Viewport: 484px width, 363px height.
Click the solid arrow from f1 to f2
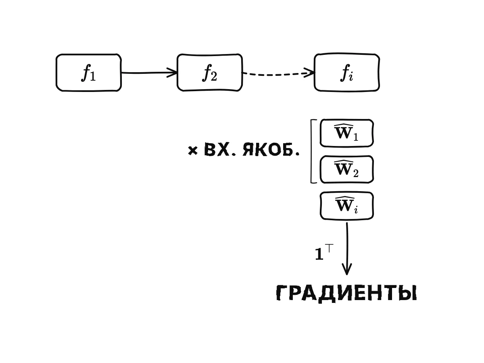(x=149, y=73)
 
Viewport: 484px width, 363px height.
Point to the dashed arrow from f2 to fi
(x=278, y=75)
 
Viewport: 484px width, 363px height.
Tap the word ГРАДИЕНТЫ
(x=346, y=293)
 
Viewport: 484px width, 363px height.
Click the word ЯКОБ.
(x=271, y=150)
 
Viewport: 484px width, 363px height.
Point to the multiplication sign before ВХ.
(x=192, y=151)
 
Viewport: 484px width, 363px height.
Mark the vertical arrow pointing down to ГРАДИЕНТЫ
(x=347, y=248)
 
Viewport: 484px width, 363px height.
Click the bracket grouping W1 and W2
(x=311, y=151)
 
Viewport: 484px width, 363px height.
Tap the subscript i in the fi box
(x=351, y=77)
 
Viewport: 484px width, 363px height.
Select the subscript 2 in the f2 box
(x=214, y=77)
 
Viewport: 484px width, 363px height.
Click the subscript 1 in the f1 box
(x=93, y=77)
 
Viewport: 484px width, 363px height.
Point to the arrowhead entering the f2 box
(x=172, y=73)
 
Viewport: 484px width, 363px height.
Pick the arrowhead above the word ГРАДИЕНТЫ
(x=347, y=269)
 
